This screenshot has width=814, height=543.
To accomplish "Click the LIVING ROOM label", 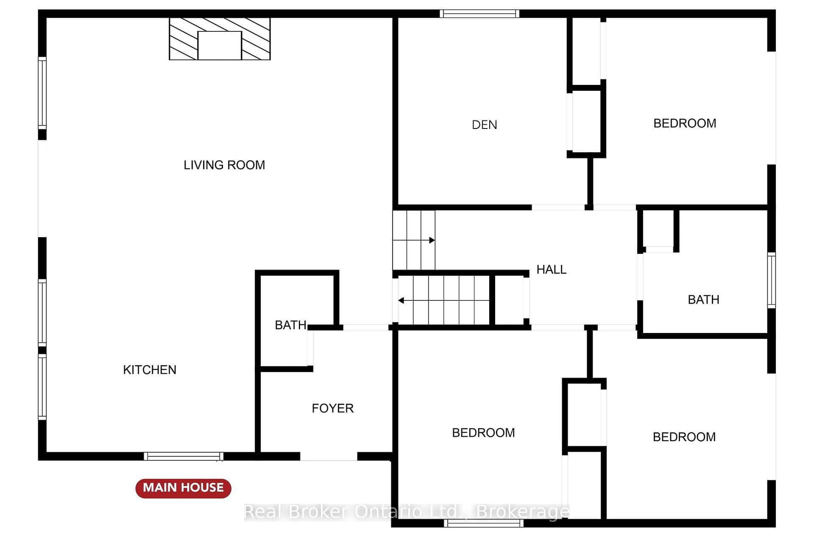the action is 224,165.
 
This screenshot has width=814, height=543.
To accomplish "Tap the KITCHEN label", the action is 150,370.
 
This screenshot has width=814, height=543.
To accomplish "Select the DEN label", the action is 485,125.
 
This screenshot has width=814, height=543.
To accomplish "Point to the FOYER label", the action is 333,408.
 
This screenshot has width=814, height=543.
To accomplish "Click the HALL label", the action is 552,269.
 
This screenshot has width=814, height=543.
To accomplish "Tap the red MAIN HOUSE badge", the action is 183,488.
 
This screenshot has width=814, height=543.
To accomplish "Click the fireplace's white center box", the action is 220,45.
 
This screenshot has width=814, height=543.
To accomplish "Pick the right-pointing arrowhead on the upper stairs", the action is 432,240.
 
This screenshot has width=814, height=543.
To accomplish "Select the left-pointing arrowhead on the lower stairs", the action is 401,300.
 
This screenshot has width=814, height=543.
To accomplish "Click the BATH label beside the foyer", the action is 291,325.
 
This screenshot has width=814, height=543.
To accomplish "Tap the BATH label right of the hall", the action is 704,299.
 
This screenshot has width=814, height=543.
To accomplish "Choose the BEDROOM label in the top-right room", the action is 685,123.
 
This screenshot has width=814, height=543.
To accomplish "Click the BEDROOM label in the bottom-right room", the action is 684,437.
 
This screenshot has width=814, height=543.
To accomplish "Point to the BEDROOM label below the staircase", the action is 483,433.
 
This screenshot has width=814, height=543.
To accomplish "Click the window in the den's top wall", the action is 479,14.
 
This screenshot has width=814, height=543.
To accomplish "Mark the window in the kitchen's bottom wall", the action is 184,456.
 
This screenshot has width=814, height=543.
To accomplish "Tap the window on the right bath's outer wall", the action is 772,280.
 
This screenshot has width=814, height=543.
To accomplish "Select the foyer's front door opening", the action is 329,456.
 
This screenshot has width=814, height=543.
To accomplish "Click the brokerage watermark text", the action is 407,512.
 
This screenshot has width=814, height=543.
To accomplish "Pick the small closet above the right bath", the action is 658,229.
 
